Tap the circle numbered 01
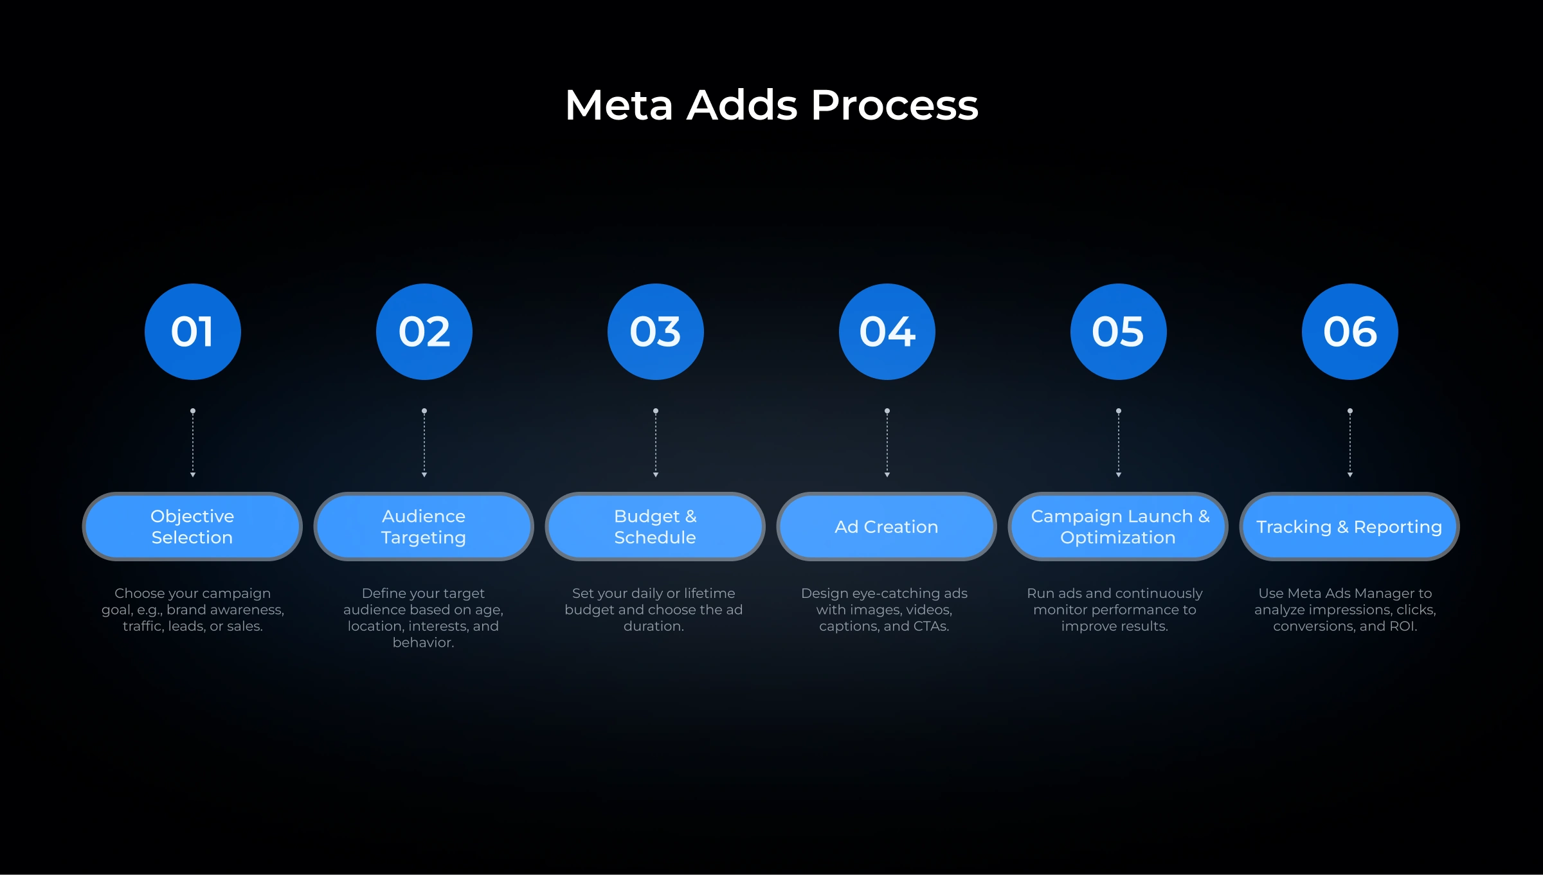click(x=193, y=332)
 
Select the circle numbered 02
click(x=424, y=332)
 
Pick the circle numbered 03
click(x=656, y=332)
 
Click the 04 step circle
click(x=887, y=332)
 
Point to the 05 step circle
click(x=1119, y=332)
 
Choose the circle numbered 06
click(x=1350, y=332)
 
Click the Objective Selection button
click(x=192, y=527)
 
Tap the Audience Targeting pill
click(x=424, y=527)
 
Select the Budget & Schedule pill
click(x=655, y=527)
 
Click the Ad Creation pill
click(x=887, y=527)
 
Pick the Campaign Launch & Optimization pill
click(x=1118, y=527)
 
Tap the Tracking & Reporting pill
click(x=1349, y=527)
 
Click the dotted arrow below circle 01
click(x=193, y=444)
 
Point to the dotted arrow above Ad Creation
click(x=887, y=444)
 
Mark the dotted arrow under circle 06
click(x=1350, y=444)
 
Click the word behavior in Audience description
click(x=422, y=642)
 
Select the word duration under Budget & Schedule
click(x=653, y=626)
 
